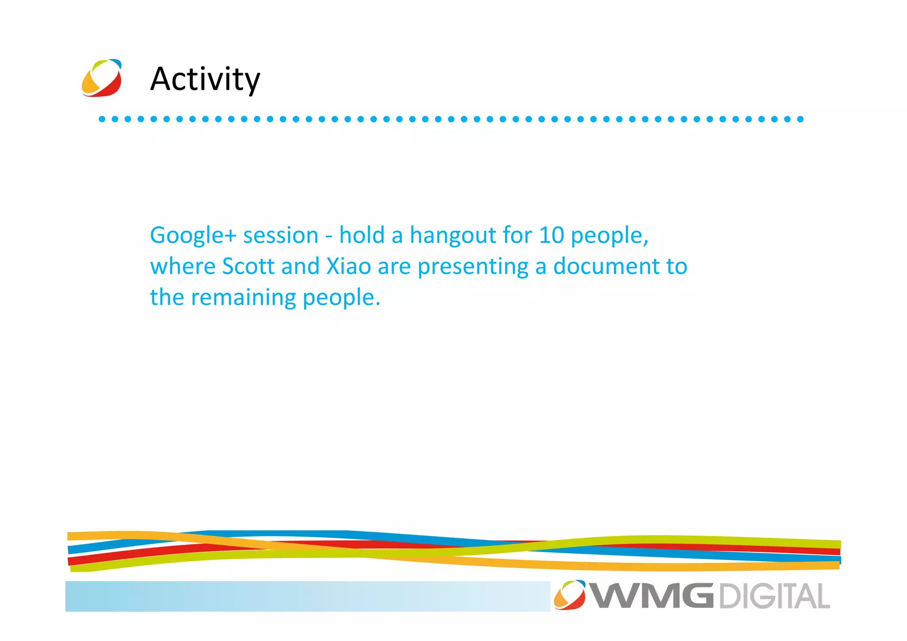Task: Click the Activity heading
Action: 205,79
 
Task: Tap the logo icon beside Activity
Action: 101,78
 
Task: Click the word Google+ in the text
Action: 193,236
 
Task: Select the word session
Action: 280,235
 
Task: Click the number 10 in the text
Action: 551,235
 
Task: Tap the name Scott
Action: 248,266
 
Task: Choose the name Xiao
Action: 348,266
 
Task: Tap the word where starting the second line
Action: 182,266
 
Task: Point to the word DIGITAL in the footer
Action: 774,596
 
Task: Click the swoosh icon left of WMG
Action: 570,595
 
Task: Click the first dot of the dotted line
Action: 102,119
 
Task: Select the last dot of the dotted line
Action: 800,119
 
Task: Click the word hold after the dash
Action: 361,235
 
